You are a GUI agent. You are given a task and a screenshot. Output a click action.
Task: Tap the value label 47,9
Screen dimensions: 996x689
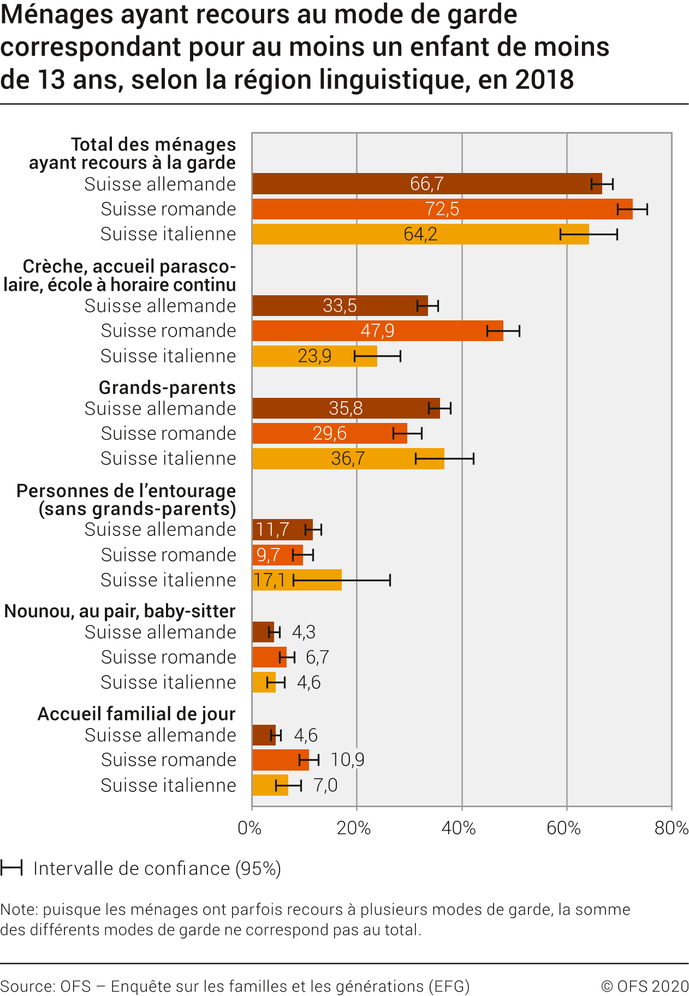[377, 331]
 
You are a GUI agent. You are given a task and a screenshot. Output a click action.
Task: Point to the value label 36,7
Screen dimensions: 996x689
[348, 458]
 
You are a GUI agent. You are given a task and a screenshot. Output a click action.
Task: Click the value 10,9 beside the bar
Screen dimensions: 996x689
[347, 760]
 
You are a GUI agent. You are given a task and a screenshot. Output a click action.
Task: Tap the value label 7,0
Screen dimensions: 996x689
[325, 785]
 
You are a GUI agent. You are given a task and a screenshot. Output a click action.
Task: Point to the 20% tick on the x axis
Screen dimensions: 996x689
[354, 828]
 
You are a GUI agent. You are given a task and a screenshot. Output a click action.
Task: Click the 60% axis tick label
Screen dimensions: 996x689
[563, 828]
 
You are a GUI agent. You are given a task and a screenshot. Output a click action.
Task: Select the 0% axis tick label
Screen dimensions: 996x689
[250, 828]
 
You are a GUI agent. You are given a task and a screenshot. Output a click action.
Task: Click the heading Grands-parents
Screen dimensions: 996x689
[167, 387]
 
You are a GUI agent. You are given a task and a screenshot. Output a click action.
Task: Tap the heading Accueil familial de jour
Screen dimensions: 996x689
[136, 714]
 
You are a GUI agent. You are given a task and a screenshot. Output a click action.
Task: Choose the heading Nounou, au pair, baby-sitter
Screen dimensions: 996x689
[120, 611]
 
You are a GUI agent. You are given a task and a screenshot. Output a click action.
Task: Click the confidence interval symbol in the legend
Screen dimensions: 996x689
[11, 868]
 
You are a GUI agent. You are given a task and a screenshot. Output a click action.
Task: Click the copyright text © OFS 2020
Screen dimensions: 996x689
[644, 986]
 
